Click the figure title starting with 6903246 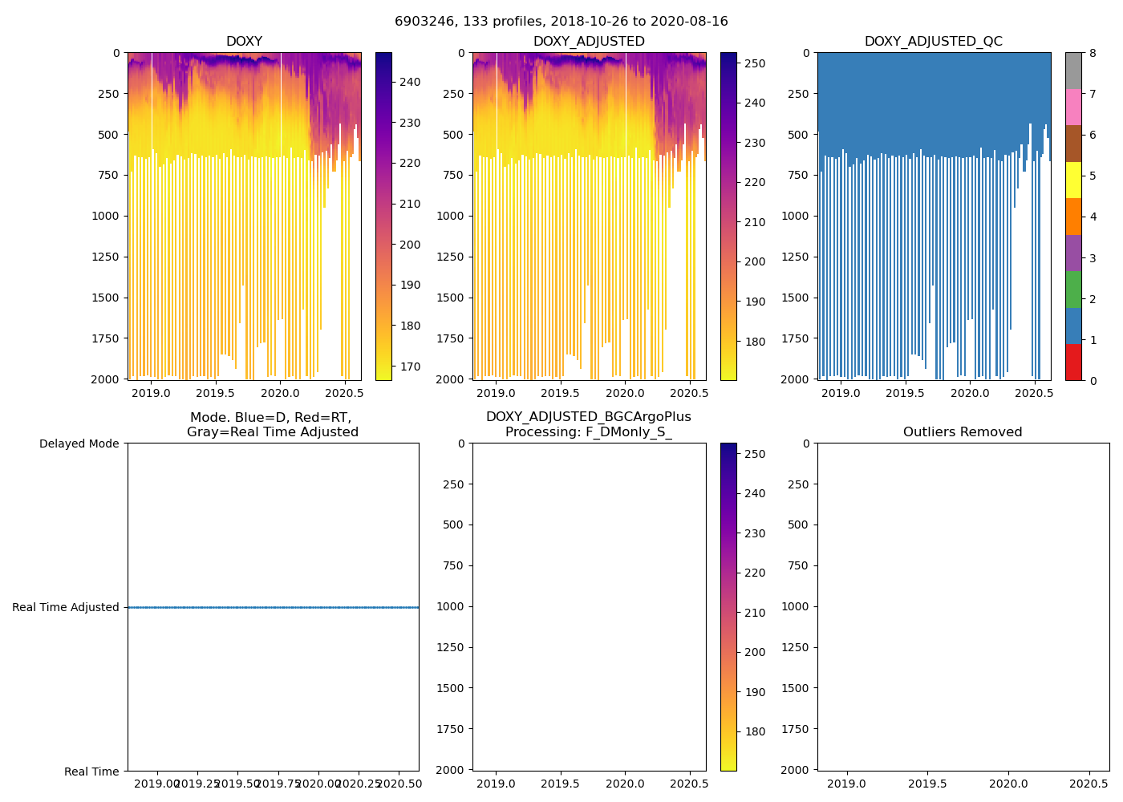(x=561, y=22)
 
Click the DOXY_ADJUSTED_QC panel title (x=933, y=42)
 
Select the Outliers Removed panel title (x=962, y=432)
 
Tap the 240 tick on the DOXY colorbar (x=411, y=82)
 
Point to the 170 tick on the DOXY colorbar (x=411, y=367)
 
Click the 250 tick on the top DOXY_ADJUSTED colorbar (x=755, y=63)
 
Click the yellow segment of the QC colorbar (x=1073, y=180)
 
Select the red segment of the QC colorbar (x=1073, y=362)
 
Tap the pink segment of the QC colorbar (x=1073, y=107)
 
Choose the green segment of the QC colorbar (x=1073, y=290)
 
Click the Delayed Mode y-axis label (x=79, y=444)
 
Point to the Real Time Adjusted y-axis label (x=66, y=608)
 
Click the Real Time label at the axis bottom (x=91, y=772)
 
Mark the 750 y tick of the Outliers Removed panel (x=798, y=565)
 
